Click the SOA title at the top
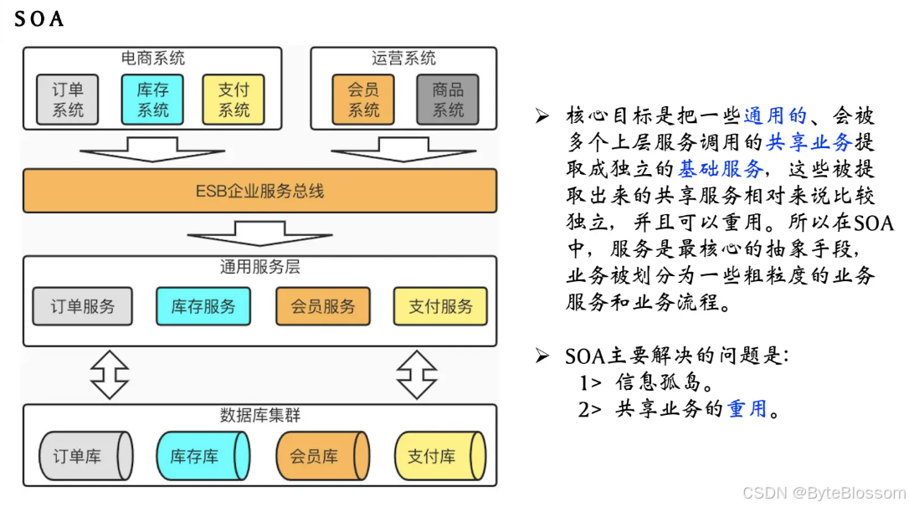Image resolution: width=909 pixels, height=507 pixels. click(x=39, y=18)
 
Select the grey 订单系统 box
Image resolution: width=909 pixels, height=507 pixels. click(x=67, y=100)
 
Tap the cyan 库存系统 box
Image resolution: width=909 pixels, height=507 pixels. click(x=153, y=100)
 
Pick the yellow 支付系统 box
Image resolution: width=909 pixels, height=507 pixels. click(x=234, y=100)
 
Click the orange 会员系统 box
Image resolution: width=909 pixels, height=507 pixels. click(x=364, y=100)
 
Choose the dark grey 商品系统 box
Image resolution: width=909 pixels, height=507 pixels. click(x=448, y=100)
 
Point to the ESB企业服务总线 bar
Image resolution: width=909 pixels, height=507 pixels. click(x=259, y=191)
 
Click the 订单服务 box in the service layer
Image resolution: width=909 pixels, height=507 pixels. click(x=83, y=306)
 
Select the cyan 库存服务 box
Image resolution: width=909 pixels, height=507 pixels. click(x=203, y=306)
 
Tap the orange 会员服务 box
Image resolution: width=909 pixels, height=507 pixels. click(x=323, y=306)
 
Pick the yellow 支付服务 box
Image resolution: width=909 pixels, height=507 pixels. click(x=440, y=306)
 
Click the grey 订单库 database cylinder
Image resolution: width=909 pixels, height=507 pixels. click(x=85, y=456)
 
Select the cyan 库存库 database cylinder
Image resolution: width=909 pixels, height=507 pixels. click(x=203, y=456)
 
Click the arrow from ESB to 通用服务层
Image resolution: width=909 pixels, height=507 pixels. click(x=259, y=233)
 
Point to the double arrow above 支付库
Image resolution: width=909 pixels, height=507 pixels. click(x=417, y=374)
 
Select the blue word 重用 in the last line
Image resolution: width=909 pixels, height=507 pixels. click(x=747, y=409)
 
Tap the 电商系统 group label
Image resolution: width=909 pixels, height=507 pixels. click(x=153, y=59)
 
